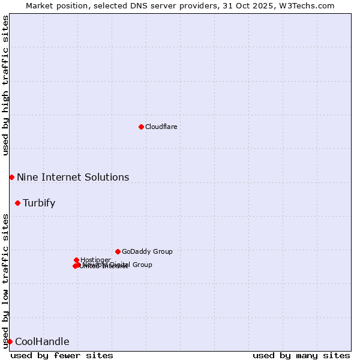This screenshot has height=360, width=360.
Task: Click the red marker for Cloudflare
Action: pyautogui.click(x=141, y=127)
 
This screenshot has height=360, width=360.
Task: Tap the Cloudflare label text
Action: pyautogui.click(x=161, y=127)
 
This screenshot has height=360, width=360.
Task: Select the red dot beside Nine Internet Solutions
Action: pyautogui.click(x=11, y=177)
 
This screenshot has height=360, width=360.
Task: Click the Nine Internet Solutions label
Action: pyautogui.click(x=73, y=177)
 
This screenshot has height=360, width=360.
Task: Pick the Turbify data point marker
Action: pyautogui.click(x=17, y=203)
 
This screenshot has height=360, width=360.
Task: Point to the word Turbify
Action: pyautogui.click(x=39, y=203)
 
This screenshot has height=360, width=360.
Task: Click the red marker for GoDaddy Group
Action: pyautogui.click(x=118, y=251)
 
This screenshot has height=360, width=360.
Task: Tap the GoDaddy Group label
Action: pyautogui.click(x=147, y=251)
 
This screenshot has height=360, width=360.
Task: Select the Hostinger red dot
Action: pyautogui.click(x=77, y=260)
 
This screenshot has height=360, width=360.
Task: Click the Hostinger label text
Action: pyautogui.click(x=95, y=260)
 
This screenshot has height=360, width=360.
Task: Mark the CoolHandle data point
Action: pyautogui.click(x=10, y=341)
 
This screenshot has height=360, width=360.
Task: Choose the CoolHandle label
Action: pyautogui.click(x=42, y=341)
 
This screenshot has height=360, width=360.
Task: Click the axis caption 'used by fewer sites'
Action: pyautogui.click(x=62, y=355)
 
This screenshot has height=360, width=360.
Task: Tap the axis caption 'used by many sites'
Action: pyautogui.click(x=301, y=355)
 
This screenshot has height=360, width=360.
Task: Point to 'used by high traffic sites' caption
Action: pyautogui.click(x=5, y=85)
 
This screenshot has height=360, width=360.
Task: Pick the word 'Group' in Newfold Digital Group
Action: pyautogui.click(x=142, y=265)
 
